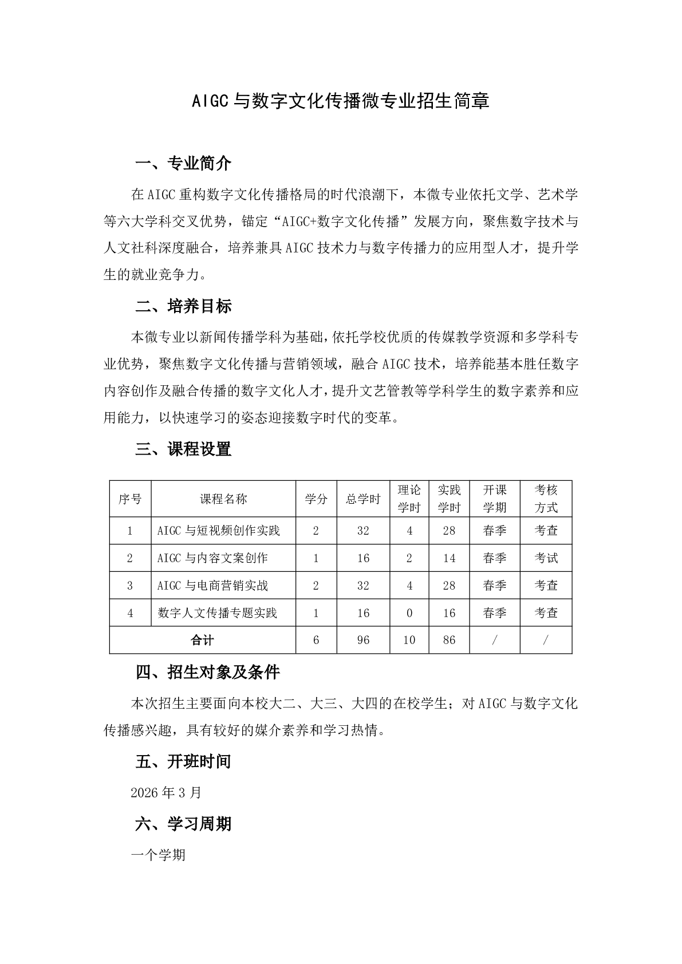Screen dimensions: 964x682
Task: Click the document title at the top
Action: click(x=341, y=101)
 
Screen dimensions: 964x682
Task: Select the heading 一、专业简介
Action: click(x=183, y=164)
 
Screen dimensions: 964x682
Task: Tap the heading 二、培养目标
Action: click(x=183, y=306)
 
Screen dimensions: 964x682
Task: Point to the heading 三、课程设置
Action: click(x=183, y=449)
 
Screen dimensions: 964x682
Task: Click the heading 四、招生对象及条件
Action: click(x=207, y=671)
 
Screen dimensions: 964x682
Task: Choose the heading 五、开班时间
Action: click(x=183, y=761)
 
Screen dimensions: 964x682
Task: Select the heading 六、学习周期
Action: click(x=183, y=824)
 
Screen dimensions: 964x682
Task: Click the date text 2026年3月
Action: click(x=166, y=792)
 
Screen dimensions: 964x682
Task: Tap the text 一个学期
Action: click(x=158, y=855)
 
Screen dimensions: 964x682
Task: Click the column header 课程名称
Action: click(x=223, y=499)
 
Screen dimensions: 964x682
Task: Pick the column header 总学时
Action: click(x=363, y=499)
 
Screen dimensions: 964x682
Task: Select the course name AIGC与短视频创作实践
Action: click(x=219, y=531)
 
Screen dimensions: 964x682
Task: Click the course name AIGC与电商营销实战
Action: click(x=212, y=586)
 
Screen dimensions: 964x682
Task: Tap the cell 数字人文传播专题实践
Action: click(x=217, y=613)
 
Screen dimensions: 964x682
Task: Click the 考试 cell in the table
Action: click(x=546, y=558)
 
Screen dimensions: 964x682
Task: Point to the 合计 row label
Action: click(x=202, y=640)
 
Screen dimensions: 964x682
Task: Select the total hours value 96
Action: click(x=363, y=640)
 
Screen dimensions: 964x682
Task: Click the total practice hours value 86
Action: click(x=449, y=640)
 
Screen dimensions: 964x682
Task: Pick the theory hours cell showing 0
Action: click(x=409, y=613)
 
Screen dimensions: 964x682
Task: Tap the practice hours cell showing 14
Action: click(x=449, y=558)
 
